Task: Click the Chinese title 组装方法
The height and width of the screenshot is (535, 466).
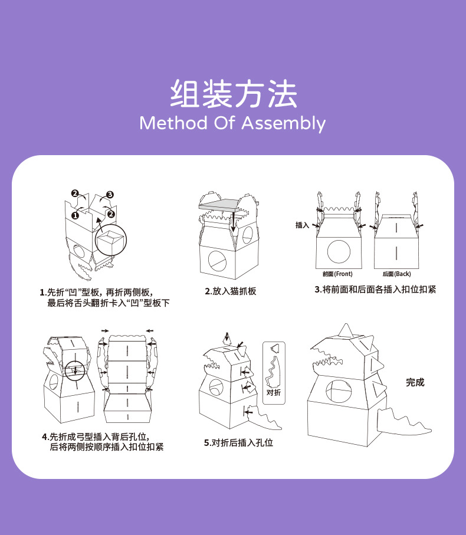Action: pos(233,94)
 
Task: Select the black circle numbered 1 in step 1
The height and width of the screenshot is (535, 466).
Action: pos(76,215)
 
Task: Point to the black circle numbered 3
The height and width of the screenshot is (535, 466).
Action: pos(110,194)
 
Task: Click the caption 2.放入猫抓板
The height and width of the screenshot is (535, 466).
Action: pos(231,291)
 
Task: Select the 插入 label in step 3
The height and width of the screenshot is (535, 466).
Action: pos(302,225)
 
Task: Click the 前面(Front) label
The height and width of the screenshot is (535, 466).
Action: pos(337,274)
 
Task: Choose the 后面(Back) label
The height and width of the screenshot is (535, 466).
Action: pos(396,274)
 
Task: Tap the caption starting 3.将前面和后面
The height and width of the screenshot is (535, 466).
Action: pos(375,290)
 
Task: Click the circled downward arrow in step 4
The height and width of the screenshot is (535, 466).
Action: pos(75,370)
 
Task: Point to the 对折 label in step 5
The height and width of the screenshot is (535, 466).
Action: pos(273,392)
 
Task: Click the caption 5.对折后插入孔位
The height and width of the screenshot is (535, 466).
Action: pos(238,442)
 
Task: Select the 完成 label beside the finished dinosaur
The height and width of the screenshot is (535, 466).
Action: pos(415,382)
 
